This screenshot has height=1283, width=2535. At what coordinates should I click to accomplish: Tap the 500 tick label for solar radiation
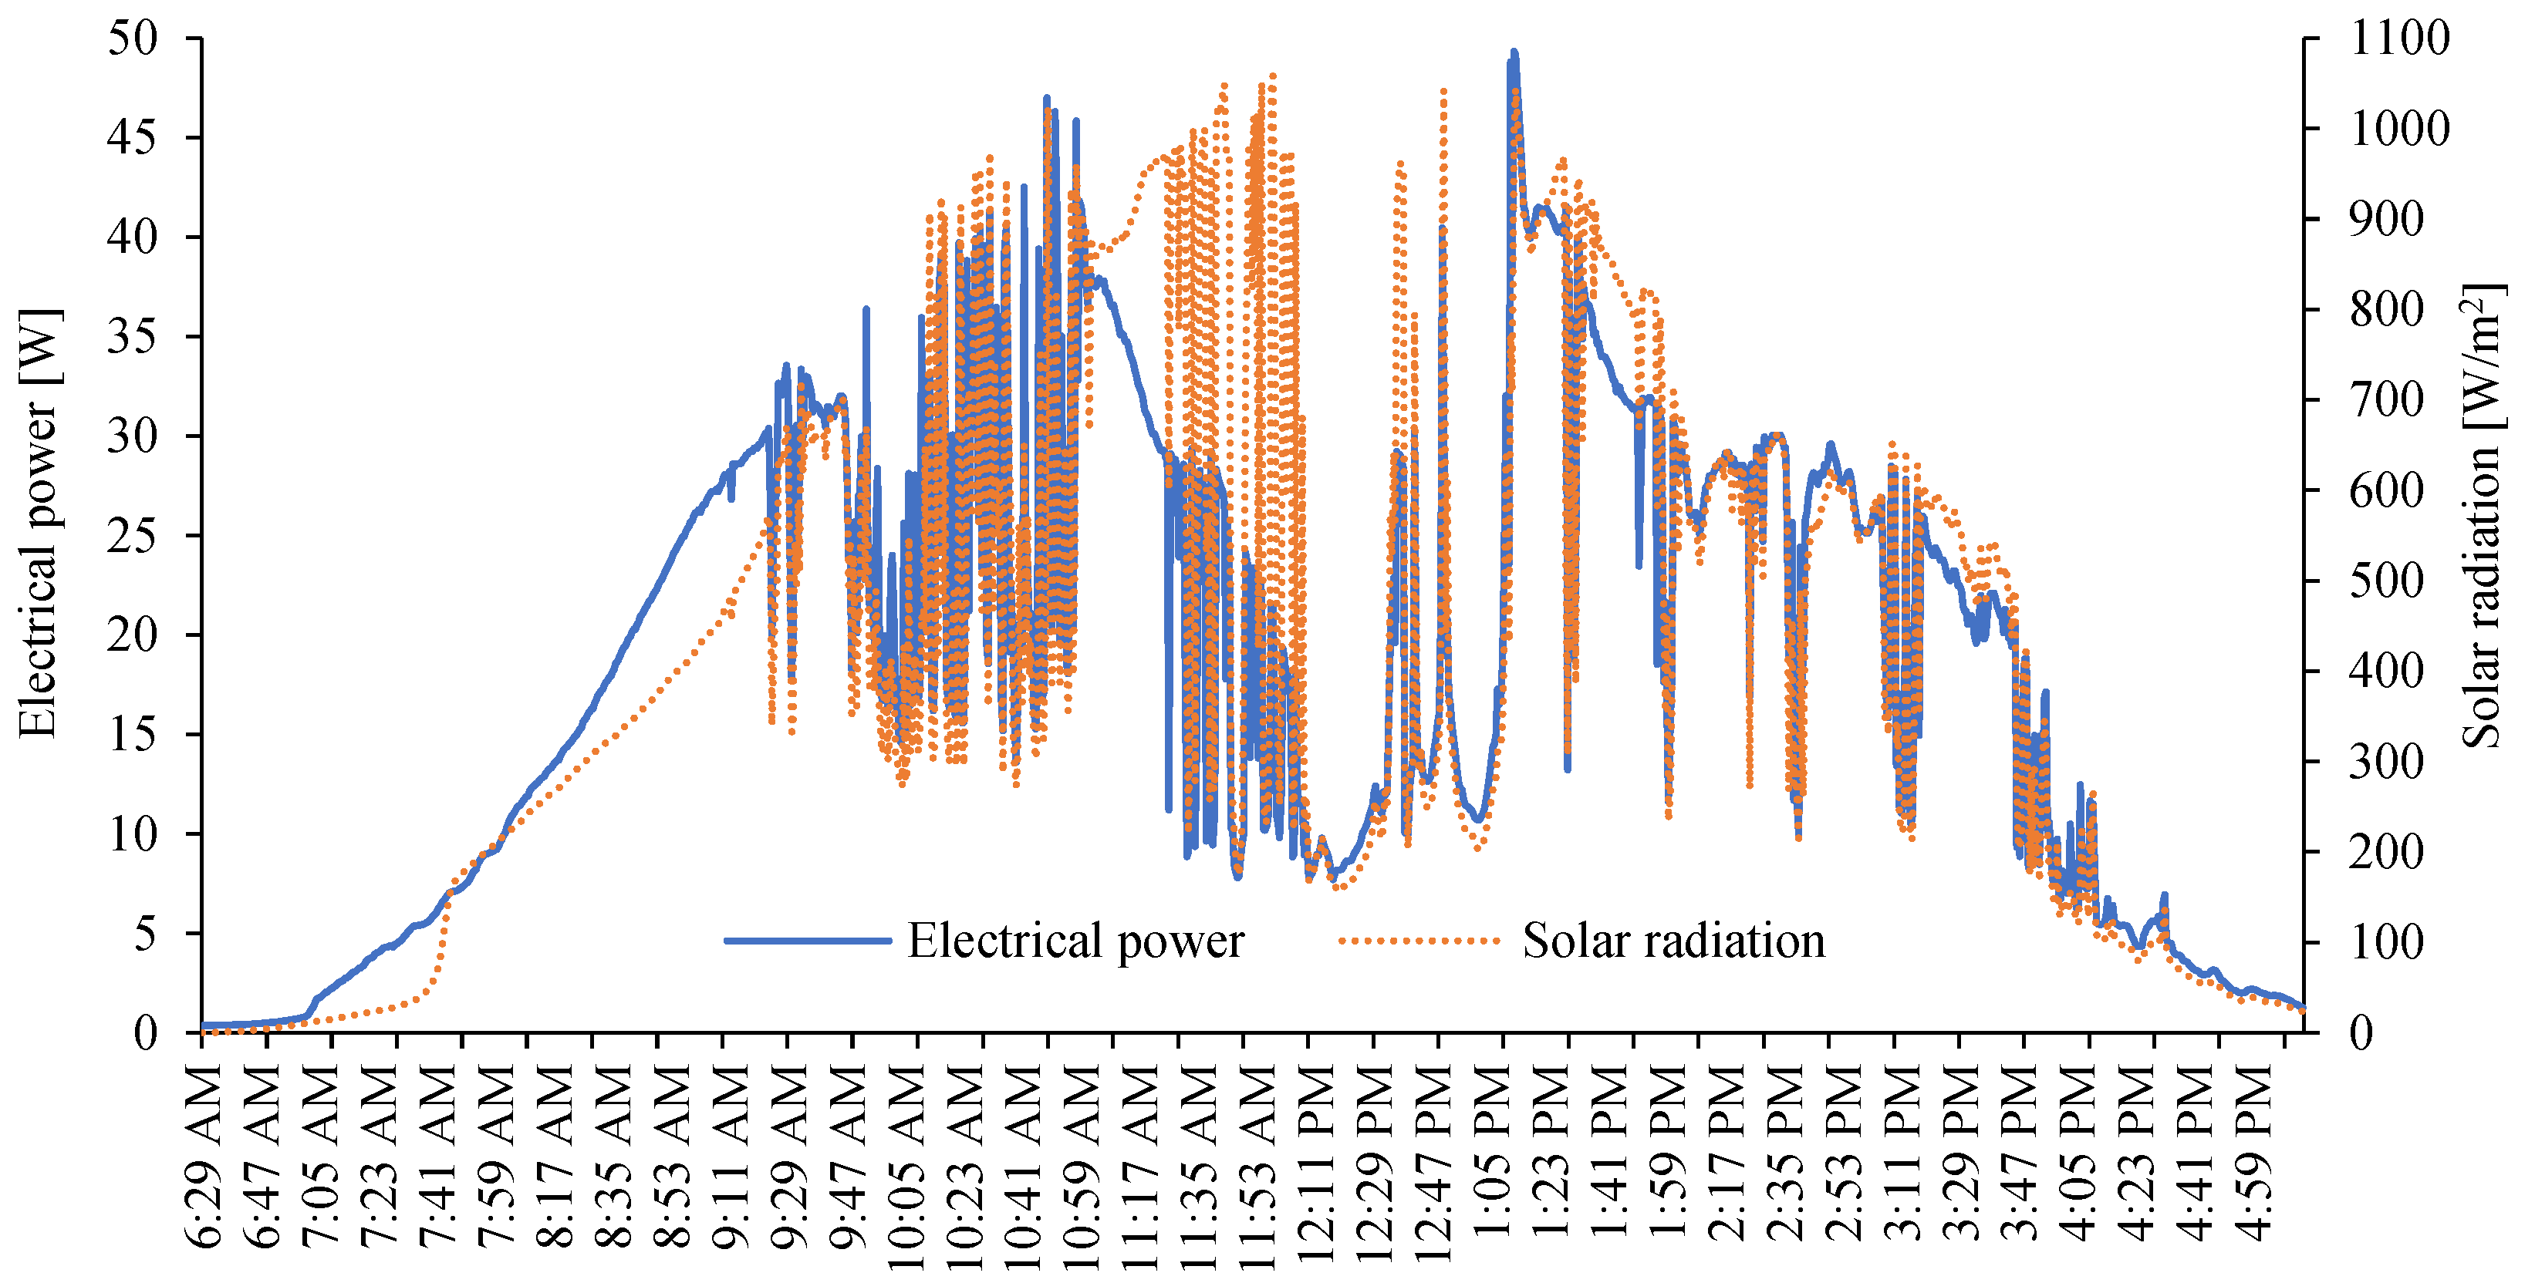click(x=2385, y=581)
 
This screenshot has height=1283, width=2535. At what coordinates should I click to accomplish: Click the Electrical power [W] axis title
click(x=39, y=521)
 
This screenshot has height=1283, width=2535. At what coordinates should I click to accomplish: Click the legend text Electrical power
click(x=1075, y=941)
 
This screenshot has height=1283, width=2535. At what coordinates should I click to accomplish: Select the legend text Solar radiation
click(x=1673, y=941)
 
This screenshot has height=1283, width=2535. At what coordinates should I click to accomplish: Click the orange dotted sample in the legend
click(x=1419, y=941)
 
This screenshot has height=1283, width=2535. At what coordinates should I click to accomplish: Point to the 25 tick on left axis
click(x=132, y=536)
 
